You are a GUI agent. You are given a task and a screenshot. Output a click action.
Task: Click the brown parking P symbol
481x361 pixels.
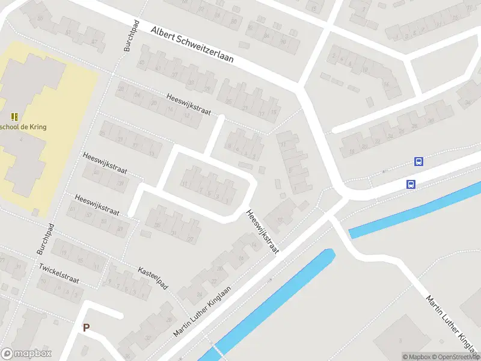pyautogui.click(x=86, y=328)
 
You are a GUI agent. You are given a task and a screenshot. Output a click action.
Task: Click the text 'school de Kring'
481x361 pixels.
pyautogui.click(x=24, y=127)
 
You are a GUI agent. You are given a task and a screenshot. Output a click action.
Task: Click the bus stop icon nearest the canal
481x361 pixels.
pyautogui.click(x=411, y=185)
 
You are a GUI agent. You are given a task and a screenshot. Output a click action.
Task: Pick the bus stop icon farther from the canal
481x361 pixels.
pyautogui.click(x=418, y=161)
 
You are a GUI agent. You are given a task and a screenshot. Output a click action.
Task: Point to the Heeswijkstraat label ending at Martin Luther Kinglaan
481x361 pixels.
pyautogui.click(x=263, y=232)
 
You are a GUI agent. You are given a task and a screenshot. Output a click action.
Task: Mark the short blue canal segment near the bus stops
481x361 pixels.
pyautogui.click(x=415, y=210)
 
